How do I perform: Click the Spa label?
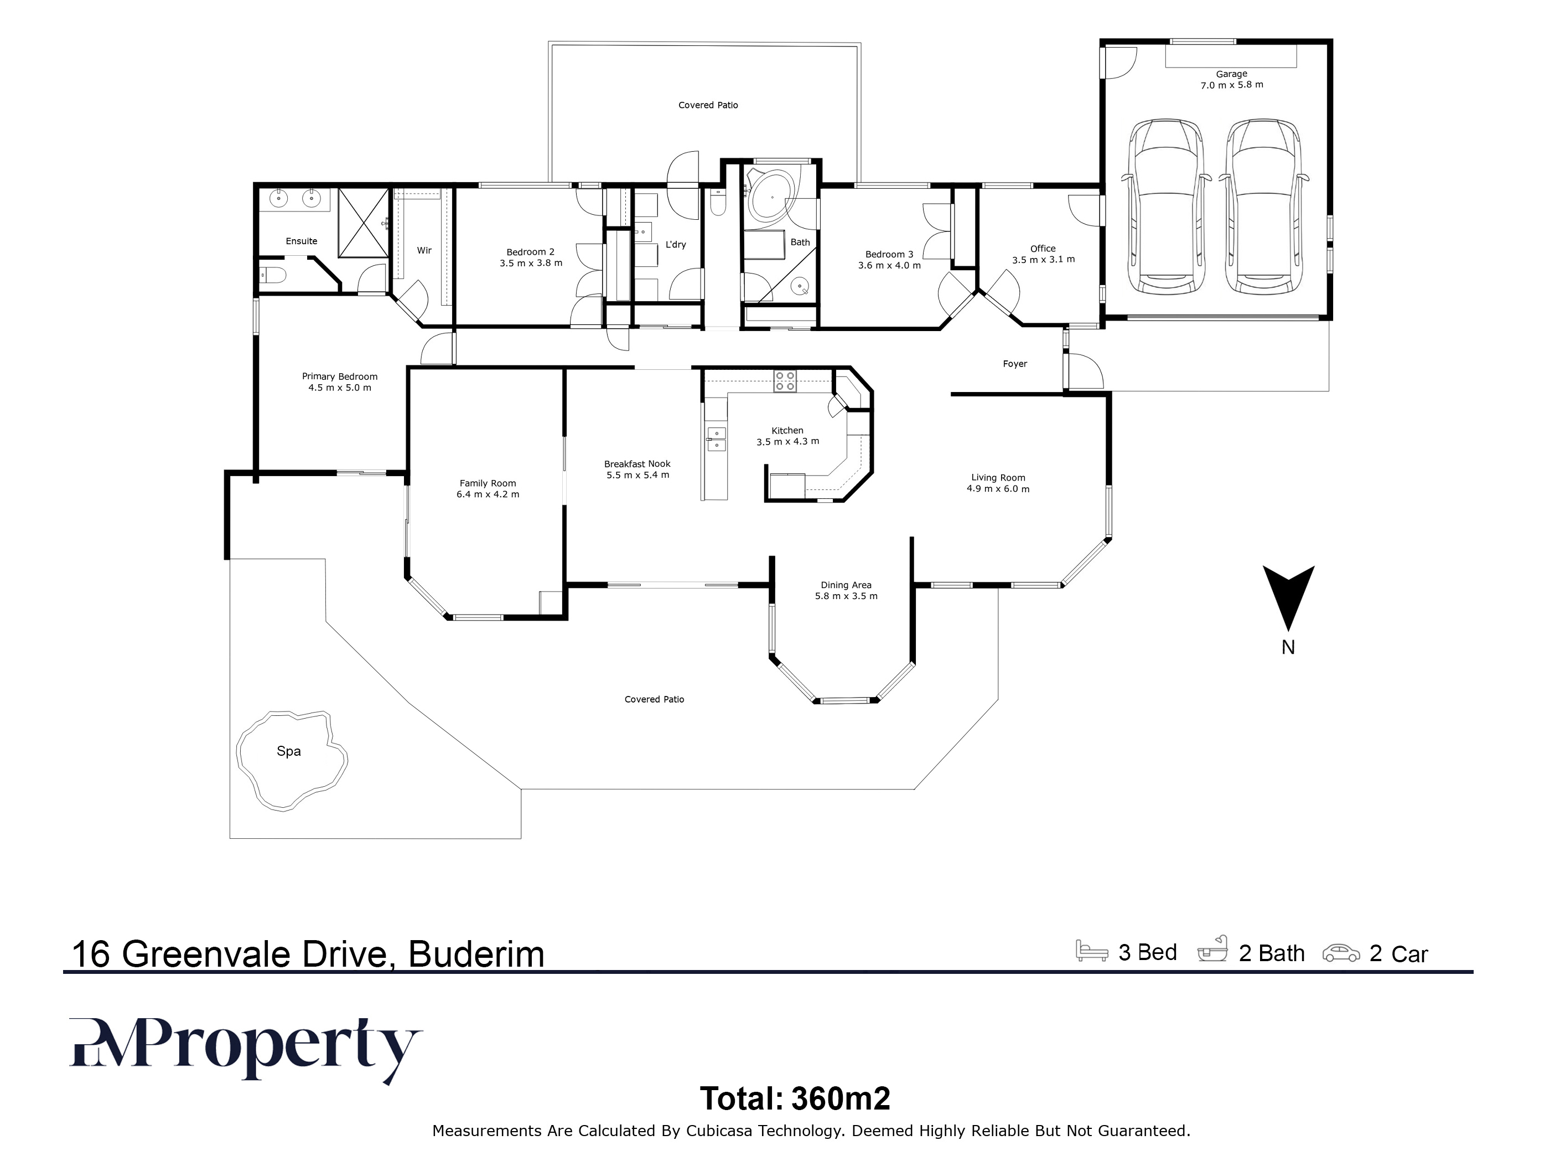[x=288, y=751]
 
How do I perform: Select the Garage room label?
[x=1232, y=74]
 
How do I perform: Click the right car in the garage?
[x=1264, y=206]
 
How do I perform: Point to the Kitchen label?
[x=787, y=430]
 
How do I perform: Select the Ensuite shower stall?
[x=364, y=223]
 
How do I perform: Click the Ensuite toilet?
[x=273, y=274]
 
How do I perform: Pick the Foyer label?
[x=1014, y=364]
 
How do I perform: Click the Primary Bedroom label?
[x=340, y=377]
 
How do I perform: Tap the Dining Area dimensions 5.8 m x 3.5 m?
[x=846, y=596]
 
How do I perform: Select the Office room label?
[x=1043, y=248]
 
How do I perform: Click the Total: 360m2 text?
[x=795, y=1098]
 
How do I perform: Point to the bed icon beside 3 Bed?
[x=1092, y=951]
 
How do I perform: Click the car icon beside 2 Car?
[x=1341, y=953]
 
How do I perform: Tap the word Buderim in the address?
[x=476, y=955]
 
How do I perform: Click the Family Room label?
[x=488, y=483]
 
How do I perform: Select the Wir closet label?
[x=424, y=250]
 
